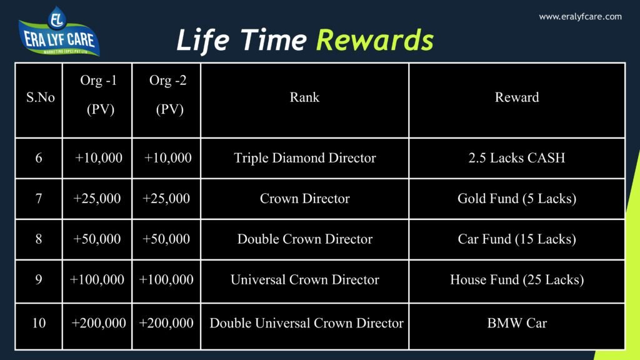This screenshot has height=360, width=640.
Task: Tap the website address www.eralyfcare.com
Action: click(580, 17)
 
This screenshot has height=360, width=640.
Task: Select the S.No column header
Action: click(40, 97)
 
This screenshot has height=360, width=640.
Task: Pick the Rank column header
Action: click(304, 97)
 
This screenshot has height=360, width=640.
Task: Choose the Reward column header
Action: click(517, 97)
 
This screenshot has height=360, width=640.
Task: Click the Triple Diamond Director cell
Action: click(304, 158)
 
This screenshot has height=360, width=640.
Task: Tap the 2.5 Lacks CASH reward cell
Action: click(517, 158)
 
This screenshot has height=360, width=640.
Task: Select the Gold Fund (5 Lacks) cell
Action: click(517, 199)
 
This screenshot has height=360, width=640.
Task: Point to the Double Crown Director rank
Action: click(304, 239)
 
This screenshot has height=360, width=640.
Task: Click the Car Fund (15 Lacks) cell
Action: click(517, 239)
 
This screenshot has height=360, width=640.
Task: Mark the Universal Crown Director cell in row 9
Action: click(304, 280)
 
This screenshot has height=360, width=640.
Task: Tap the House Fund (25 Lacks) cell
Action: click(517, 280)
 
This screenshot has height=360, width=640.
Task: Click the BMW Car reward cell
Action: click(517, 323)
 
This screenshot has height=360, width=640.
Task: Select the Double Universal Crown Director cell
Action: click(306, 323)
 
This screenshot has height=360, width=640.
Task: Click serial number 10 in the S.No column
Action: click(39, 323)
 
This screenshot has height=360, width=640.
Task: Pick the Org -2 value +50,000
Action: click(166, 239)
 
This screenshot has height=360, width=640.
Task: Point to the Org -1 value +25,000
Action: click(97, 199)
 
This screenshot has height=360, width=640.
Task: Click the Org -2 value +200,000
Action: click(166, 323)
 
